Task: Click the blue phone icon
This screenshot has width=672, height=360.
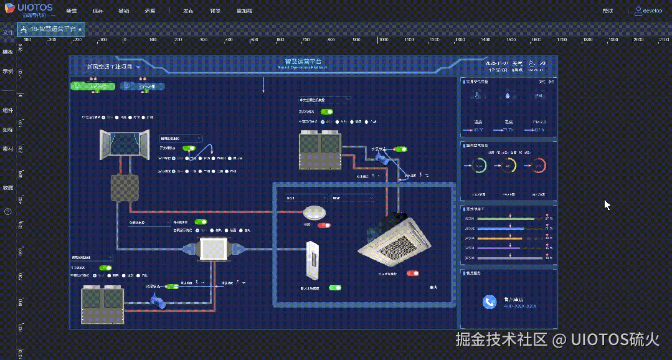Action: pos(490,301)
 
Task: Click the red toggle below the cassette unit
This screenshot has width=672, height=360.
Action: pos(412,273)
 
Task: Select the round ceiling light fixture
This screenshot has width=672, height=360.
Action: pos(315,212)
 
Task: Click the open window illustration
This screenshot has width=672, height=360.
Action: pos(125,143)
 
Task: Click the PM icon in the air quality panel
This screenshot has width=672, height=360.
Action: pos(539,96)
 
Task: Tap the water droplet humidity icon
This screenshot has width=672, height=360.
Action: pos(509,96)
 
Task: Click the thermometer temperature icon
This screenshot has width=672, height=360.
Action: pos(478,96)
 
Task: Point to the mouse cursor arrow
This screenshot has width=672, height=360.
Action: pos(607,204)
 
